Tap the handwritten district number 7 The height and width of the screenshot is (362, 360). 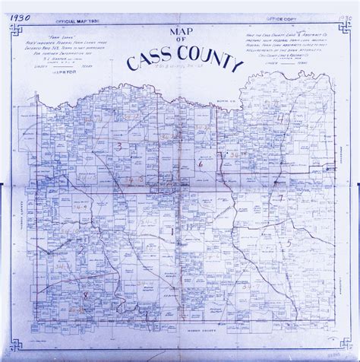pyautogui.click(x=280, y=198)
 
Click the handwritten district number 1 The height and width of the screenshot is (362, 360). pyautogui.click(x=174, y=230)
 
